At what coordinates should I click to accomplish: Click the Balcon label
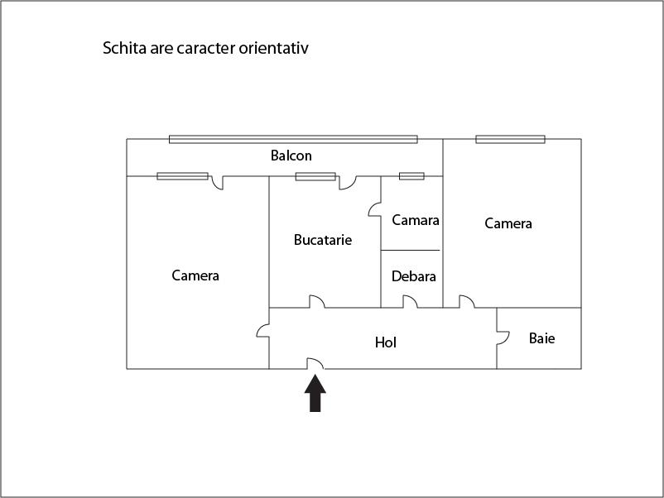(x=291, y=156)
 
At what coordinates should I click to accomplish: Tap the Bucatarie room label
(x=323, y=240)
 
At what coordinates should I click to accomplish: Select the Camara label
(x=416, y=220)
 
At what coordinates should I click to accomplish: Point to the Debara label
(x=414, y=276)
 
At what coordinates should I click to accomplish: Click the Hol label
(x=386, y=342)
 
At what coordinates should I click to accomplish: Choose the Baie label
(x=542, y=338)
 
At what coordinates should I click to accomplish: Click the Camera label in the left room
(x=195, y=275)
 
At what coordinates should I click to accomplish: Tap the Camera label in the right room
(x=508, y=223)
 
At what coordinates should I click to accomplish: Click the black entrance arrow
(x=315, y=393)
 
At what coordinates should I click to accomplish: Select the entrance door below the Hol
(x=315, y=363)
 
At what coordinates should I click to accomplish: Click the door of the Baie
(x=502, y=338)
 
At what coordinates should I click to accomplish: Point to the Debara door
(x=410, y=302)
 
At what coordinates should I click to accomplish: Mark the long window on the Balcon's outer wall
(x=293, y=139)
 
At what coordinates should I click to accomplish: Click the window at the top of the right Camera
(x=510, y=139)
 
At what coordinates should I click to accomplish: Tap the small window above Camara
(x=411, y=176)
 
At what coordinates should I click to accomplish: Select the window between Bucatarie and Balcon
(x=315, y=176)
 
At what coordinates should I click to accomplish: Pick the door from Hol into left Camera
(x=263, y=331)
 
